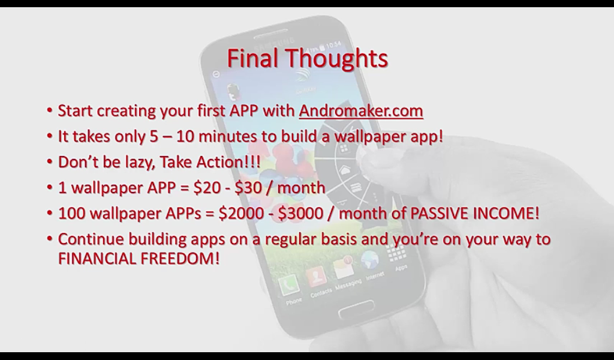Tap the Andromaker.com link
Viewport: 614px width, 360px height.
point(361,111)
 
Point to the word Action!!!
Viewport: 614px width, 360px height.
point(228,162)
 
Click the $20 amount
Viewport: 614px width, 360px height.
point(207,188)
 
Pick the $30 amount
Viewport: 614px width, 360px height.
point(248,188)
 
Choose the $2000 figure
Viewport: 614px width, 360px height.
point(241,213)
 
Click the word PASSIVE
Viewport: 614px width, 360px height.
point(439,213)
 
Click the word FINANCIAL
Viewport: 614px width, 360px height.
point(97,259)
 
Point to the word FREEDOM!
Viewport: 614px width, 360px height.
point(180,259)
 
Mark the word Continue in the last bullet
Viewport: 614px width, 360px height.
point(91,239)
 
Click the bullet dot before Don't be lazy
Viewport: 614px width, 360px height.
point(49,161)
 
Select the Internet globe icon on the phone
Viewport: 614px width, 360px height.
point(370,260)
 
